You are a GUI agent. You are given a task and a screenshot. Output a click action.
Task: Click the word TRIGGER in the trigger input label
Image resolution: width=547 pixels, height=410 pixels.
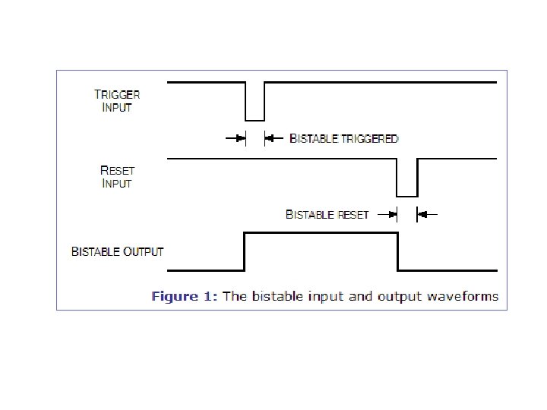pos(117,95)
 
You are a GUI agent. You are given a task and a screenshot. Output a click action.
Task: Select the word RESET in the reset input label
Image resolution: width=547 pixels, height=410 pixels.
pos(116,171)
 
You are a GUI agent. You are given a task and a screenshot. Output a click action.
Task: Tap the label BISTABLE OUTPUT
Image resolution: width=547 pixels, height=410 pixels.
pos(117,251)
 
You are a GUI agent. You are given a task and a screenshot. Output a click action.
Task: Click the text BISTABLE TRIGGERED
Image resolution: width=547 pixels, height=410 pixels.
pos(344,139)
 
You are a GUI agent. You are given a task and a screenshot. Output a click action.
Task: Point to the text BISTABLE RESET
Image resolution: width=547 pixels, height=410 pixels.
pos(327,215)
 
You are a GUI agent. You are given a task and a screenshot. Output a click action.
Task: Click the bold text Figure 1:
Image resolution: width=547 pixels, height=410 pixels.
pos(185,296)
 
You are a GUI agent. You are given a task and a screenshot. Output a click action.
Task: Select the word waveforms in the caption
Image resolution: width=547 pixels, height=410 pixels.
pos(463,296)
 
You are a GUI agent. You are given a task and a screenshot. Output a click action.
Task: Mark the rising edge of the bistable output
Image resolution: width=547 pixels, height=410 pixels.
pos(245,251)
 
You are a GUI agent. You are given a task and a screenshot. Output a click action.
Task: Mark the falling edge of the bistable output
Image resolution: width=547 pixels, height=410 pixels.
pos(397,251)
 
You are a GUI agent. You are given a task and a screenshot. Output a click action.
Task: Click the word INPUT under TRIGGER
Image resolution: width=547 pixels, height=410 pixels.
pos(117,107)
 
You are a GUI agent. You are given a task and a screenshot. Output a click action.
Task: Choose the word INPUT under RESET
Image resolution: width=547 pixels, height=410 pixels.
pos(117,184)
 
